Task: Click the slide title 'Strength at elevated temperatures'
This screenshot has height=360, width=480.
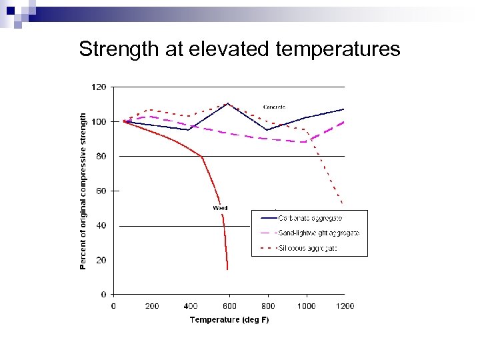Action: [x=239, y=49]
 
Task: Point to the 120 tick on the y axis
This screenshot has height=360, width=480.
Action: [x=99, y=87]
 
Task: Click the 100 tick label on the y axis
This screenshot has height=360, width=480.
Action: [x=99, y=121]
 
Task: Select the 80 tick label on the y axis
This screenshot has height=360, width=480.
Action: [x=101, y=156]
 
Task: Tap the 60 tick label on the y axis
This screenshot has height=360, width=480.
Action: [x=101, y=191]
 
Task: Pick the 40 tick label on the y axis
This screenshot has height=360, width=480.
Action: [x=101, y=225]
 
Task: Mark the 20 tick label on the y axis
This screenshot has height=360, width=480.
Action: [x=101, y=260]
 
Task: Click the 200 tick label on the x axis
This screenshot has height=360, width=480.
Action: [x=152, y=306]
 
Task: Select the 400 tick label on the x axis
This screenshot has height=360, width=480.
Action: [x=191, y=306]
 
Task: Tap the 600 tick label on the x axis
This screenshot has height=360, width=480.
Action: [x=229, y=306]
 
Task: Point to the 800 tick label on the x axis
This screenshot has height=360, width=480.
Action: [x=268, y=306]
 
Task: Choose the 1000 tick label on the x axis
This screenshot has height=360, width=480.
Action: [x=307, y=306]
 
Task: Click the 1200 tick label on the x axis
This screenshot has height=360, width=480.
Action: [x=345, y=306]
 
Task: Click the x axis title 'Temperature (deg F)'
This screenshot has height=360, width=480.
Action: [x=229, y=320]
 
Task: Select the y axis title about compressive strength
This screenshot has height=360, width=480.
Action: [x=83, y=191]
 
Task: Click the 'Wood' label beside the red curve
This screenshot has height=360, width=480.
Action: [x=220, y=208]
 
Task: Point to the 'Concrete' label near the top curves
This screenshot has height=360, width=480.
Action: [x=274, y=107]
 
